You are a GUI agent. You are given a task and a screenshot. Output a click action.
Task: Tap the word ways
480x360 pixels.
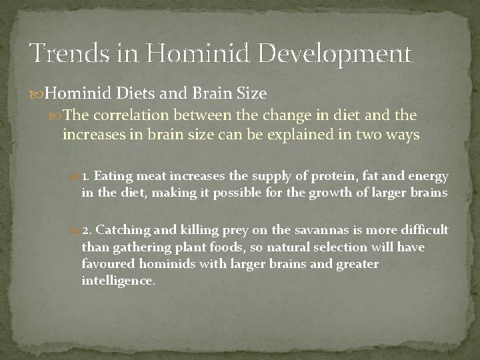click(402, 135)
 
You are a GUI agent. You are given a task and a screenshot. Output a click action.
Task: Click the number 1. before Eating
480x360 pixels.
click(87, 176)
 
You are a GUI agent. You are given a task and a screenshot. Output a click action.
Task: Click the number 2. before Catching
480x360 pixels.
click(87, 229)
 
